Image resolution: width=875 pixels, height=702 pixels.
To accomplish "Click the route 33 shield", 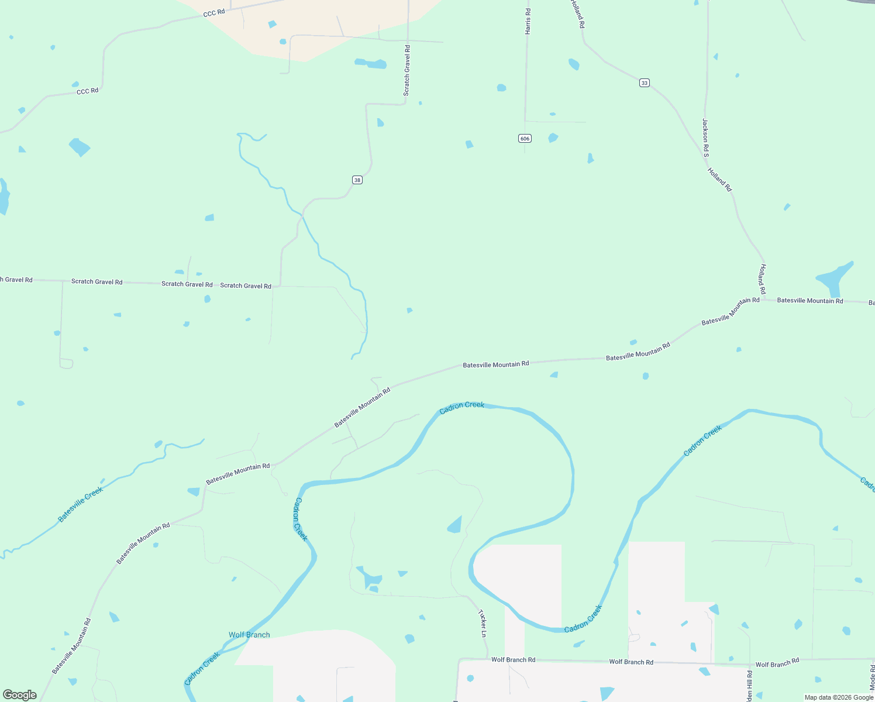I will point(644,83).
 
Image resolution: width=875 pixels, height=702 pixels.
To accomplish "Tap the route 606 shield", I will point(525,138).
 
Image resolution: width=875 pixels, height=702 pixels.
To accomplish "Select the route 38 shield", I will point(357,180).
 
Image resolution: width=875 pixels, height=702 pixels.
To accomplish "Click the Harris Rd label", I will point(528,21).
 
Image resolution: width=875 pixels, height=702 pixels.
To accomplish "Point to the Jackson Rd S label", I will point(705,137).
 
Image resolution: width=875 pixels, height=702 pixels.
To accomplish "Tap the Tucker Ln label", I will point(483,624).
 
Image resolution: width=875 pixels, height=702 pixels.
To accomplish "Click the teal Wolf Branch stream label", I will point(249,635).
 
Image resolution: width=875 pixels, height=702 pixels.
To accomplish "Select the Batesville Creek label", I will point(81,504).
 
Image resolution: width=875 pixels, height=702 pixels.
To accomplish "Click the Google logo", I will point(20,694).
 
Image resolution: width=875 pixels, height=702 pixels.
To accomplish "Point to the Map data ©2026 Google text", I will point(839,697).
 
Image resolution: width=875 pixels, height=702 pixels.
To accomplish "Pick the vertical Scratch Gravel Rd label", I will point(407,70).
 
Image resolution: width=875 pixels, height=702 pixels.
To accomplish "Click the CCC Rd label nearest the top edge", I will point(214,12).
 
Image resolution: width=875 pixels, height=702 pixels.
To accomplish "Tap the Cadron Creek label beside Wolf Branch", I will point(202,669).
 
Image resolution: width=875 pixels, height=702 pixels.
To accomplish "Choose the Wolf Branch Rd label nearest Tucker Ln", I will point(513,659).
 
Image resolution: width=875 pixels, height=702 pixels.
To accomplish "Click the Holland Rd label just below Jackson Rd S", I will point(719,180).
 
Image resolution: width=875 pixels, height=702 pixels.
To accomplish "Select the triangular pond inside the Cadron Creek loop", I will point(455,525).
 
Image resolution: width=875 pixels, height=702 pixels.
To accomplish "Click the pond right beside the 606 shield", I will point(553,138).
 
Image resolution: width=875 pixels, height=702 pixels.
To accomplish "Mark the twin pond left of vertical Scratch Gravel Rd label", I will point(371,63).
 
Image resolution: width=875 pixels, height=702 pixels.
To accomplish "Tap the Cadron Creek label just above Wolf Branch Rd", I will point(583,619).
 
